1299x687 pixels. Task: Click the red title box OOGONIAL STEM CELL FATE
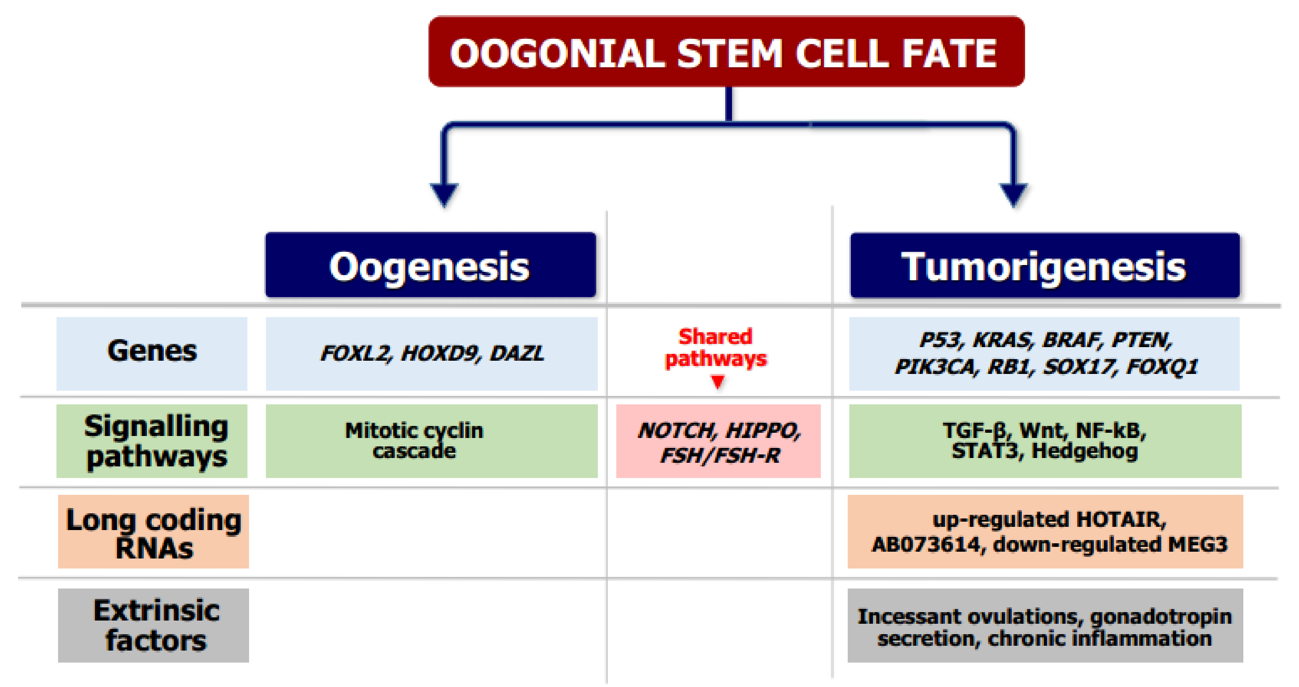click(726, 52)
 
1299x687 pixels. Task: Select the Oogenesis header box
click(430, 265)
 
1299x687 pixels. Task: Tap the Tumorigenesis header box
click(1044, 265)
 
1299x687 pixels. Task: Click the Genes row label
click(152, 352)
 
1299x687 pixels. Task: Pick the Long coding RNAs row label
click(153, 533)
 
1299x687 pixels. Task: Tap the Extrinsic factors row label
click(153, 625)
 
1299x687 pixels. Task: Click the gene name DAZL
click(517, 354)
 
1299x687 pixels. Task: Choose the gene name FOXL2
click(356, 354)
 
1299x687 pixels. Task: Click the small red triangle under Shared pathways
click(718, 382)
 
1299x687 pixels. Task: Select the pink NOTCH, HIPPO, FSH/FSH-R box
click(718, 442)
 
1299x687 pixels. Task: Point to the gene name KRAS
click(1003, 340)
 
